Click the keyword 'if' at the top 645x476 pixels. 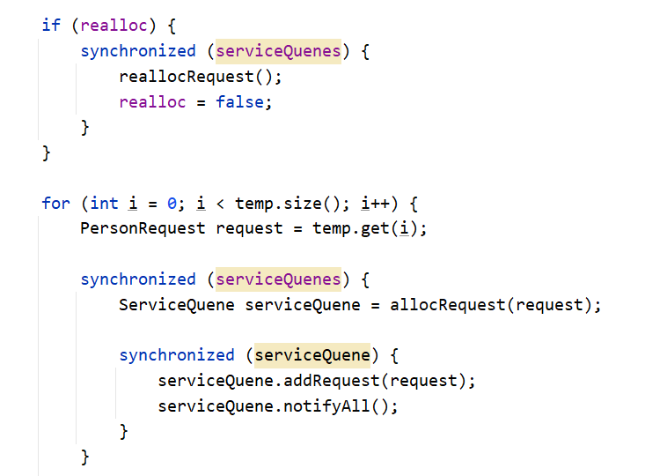click(x=51, y=26)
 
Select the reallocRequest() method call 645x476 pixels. click(x=201, y=77)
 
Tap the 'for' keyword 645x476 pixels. click(x=55, y=204)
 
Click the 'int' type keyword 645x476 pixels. click(x=104, y=204)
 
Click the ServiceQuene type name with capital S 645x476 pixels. click(x=177, y=305)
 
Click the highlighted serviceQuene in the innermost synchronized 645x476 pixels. click(x=312, y=355)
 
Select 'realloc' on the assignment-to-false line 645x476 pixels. click(x=152, y=102)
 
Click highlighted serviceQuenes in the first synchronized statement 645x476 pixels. click(x=278, y=51)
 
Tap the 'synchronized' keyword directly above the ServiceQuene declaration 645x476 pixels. click(x=138, y=279)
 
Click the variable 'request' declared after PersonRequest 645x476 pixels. click(x=249, y=229)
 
